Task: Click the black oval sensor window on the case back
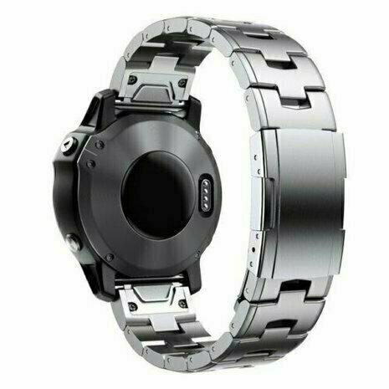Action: (159, 193)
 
